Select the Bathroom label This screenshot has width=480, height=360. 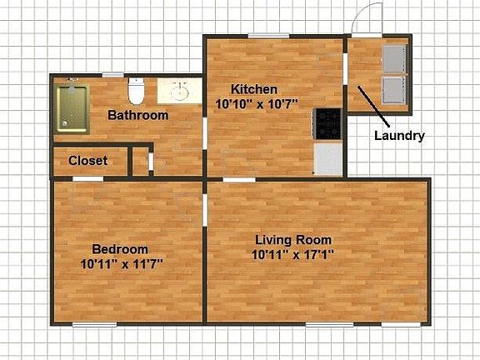point(138,115)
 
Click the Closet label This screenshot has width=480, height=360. point(87,161)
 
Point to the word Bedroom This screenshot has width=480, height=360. point(120,248)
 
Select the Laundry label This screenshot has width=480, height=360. point(399,136)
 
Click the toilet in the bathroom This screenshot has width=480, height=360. point(137,87)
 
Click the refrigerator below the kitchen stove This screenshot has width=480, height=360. point(328,159)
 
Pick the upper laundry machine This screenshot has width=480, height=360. point(392,59)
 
